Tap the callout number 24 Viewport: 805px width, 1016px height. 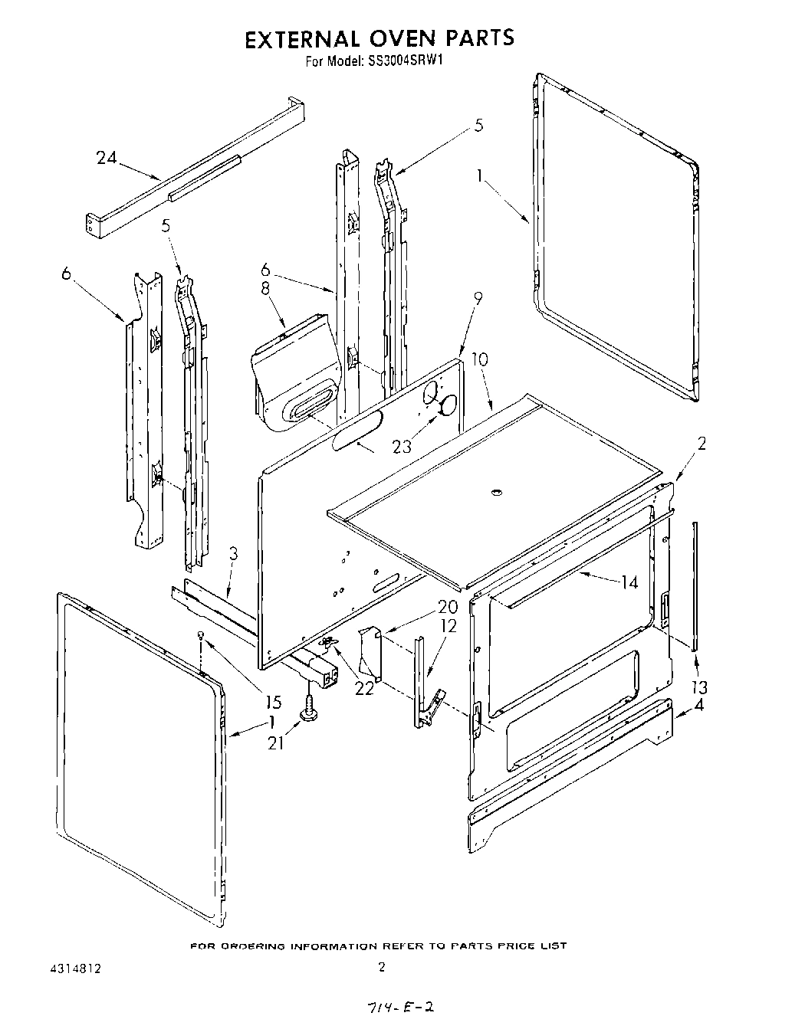[107, 158]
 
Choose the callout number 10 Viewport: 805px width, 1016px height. [479, 359]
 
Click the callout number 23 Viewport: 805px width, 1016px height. [402, 447]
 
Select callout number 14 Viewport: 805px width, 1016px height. [629, 582]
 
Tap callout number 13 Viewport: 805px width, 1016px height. [698, 686]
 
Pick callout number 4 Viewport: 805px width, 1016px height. [698, 706]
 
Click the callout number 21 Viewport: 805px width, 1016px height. [277, 742]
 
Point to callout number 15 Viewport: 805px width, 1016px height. [272, 702]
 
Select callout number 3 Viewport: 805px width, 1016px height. [233, 554]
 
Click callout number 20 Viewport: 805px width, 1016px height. [448, 606]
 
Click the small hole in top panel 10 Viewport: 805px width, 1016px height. [495, 490]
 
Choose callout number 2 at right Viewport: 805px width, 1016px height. [701, 443]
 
